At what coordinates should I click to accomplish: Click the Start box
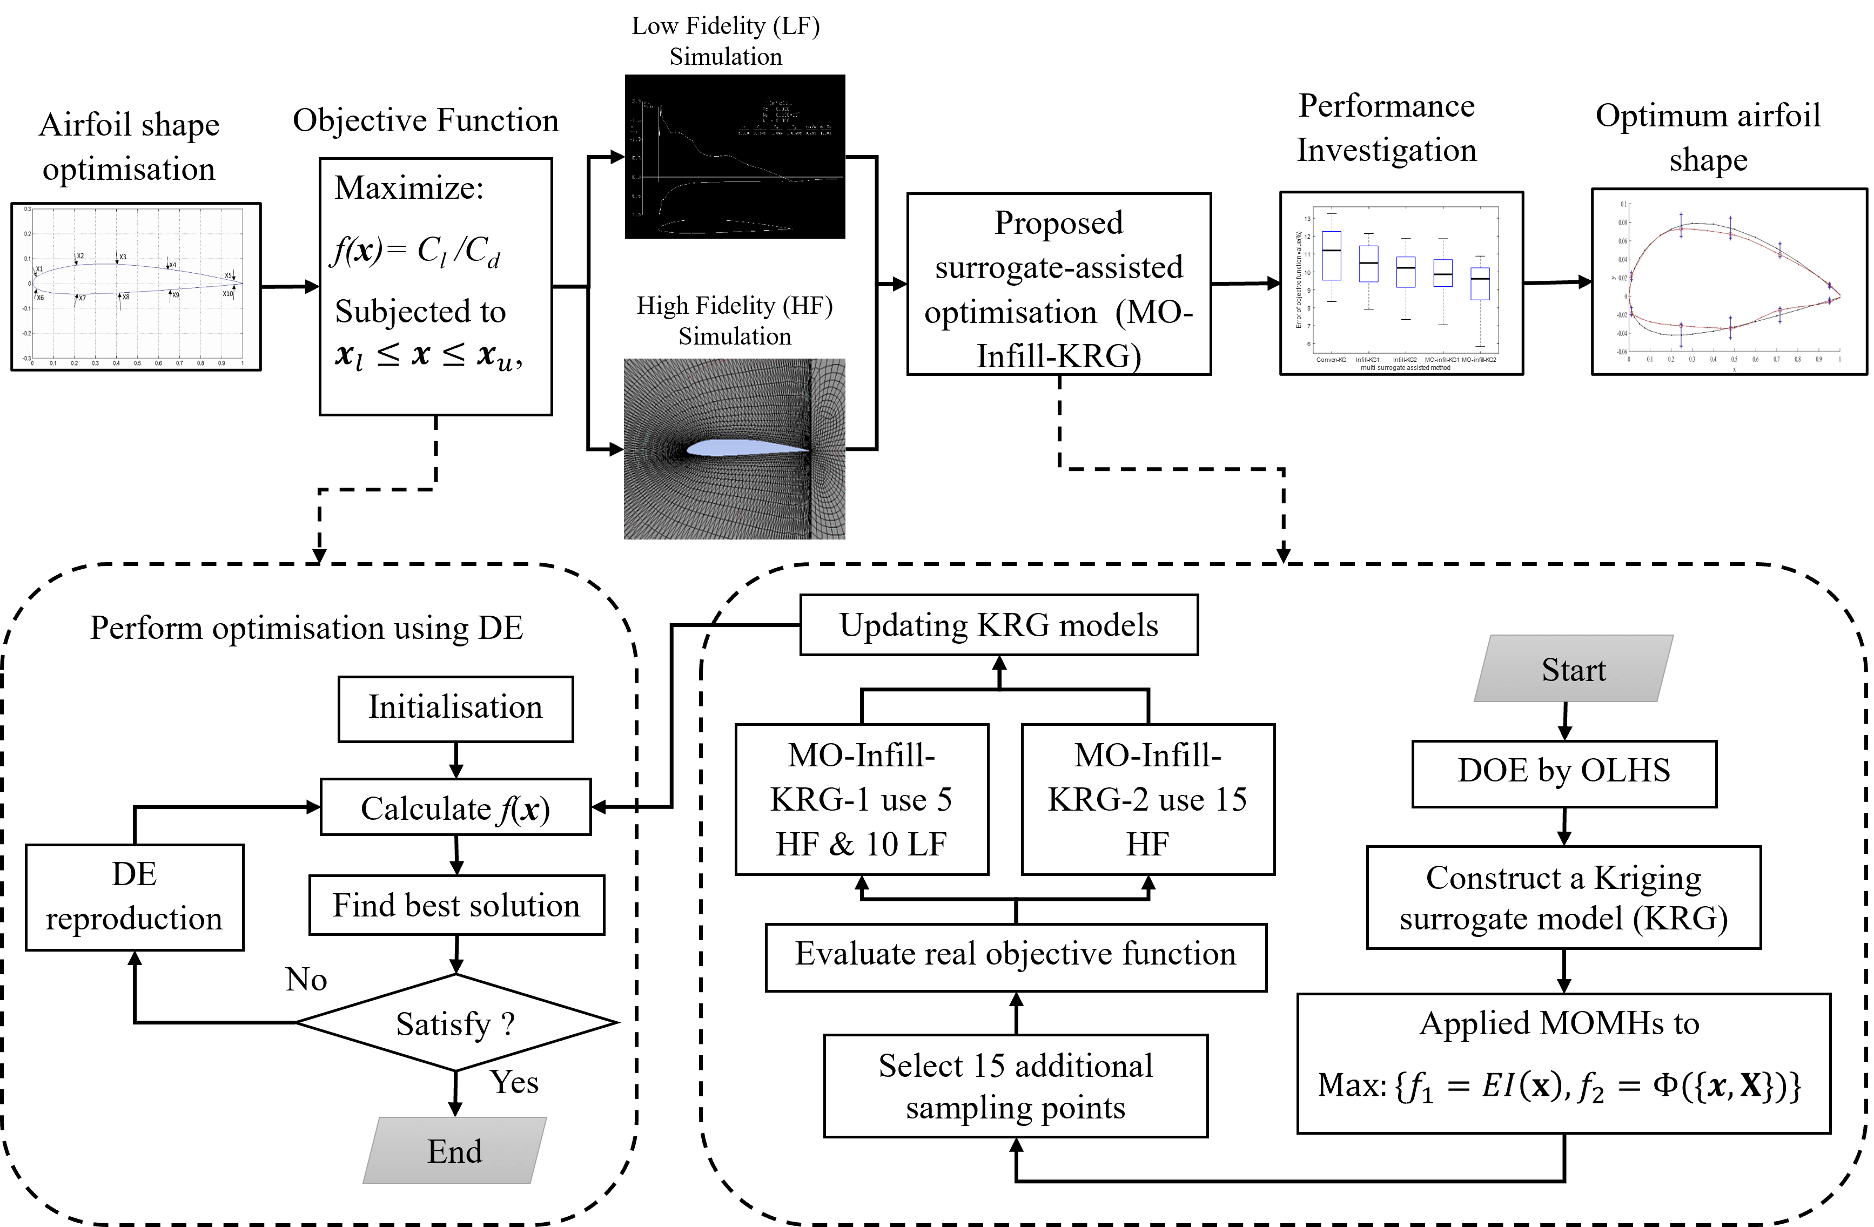(x=1573, y=669)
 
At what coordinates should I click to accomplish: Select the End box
(x=454, y=1151)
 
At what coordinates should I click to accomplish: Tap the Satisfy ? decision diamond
(x=455, y=1023)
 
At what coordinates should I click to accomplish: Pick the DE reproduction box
(x=134, y=897)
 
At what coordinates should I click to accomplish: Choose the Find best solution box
(x=456, y=905)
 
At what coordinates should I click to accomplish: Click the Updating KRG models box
(x=998, y=625)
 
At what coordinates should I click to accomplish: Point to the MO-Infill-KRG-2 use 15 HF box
(x=1147, y=799)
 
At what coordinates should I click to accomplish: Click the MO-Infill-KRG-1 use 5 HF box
(x=862, y=799)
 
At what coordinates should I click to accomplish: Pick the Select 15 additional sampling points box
(x=1016, y=1086)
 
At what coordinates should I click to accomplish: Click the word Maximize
(x=408, y=188)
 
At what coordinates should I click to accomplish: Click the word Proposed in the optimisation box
(x=1058, y=223)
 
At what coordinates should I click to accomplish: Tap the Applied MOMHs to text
(x=1559, y=1023)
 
